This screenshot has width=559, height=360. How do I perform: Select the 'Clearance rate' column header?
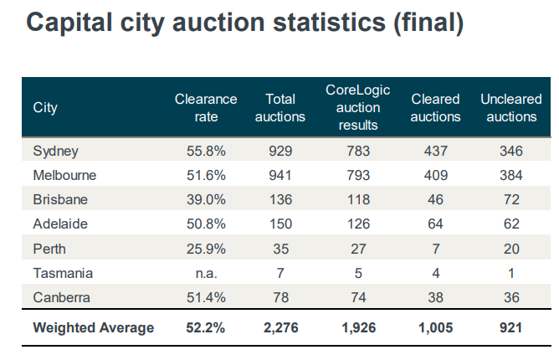pos(206,108)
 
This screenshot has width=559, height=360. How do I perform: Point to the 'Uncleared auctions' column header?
pos(511,108)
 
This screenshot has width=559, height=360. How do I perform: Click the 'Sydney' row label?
pos(55,152)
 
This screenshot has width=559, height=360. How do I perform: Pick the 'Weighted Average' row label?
pos(93,328)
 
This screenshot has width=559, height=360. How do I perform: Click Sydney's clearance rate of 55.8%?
pos(206,152)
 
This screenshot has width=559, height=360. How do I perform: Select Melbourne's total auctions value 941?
pos(279,176)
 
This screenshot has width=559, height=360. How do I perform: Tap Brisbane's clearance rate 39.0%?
pos(206,200)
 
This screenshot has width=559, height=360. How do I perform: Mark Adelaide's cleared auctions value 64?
pos(436,224)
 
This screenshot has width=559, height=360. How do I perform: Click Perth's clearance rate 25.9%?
pos(206,249)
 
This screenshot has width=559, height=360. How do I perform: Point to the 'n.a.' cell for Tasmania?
pos(206,273)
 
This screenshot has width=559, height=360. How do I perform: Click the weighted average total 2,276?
pos(279,328)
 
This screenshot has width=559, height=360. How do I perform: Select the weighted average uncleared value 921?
pos(511,328)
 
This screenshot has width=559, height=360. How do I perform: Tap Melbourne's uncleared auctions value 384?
pos(511,176)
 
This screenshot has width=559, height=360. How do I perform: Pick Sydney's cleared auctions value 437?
pos(436,152)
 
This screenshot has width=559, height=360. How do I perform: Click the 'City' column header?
pos(45,108)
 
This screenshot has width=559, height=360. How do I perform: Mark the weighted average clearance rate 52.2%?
pos(206,328)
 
